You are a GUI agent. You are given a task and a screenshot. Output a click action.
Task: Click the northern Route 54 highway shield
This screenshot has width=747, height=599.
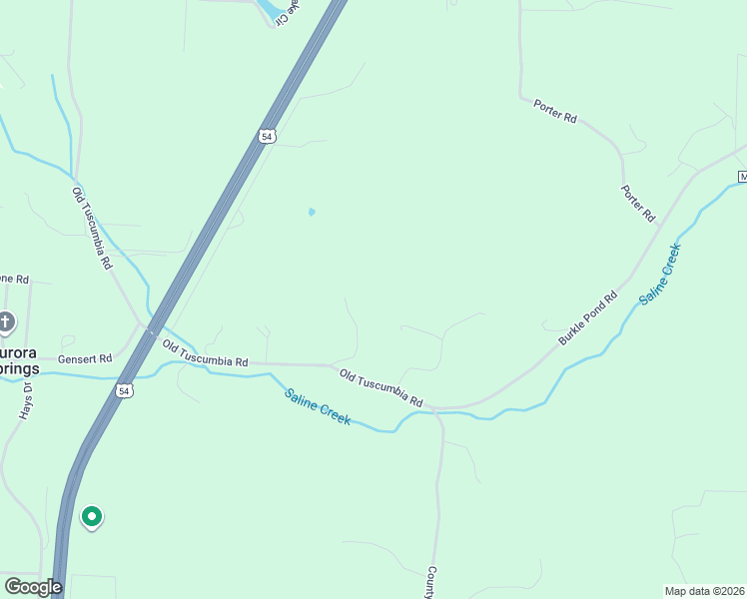coord(265,136)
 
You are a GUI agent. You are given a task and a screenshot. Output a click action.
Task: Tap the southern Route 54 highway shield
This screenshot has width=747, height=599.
coord(123,391)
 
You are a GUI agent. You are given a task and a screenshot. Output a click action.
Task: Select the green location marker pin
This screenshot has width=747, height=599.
coord(91,517)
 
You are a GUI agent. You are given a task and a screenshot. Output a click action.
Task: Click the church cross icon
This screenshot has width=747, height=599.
coord(6,321)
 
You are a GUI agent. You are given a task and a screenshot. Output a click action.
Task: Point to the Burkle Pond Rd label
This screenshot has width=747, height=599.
coord(588,317)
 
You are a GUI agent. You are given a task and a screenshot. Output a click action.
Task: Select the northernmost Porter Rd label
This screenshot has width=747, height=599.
coord(555,111)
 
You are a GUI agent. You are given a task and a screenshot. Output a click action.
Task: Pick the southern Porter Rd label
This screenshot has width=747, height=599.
coord(637,203)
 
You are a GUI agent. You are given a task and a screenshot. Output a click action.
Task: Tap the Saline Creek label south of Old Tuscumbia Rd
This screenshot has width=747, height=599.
coord(318,406)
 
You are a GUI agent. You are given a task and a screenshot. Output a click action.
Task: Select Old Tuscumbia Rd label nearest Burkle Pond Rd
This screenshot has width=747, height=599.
coord(380,388)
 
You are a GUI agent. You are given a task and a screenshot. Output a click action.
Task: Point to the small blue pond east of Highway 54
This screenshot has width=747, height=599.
coord(312,212)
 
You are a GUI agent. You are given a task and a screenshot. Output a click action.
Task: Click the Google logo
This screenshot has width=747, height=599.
coord(32,587)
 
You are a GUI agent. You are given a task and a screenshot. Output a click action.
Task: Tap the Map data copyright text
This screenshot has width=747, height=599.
coord(703,590)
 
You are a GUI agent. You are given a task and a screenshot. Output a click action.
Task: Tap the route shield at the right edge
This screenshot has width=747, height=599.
coord(742,176)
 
